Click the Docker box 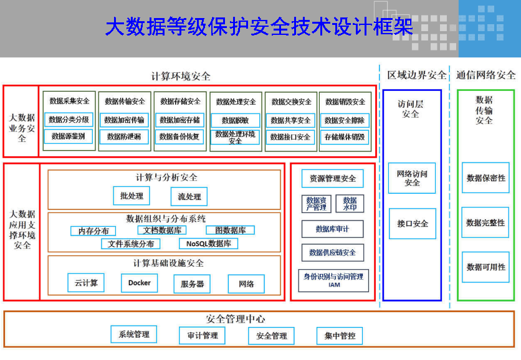(140, 283)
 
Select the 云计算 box (86, 283)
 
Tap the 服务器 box (192, 284)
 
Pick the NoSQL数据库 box (208, 244)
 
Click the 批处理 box (131, 196)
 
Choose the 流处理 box (189, 197)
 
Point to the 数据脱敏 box (235, 120)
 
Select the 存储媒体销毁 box (345, 136)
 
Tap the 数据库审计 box (332, 229)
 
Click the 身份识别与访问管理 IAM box (333, 280)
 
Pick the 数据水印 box (350, 204)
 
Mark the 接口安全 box (413, 223)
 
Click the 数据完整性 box (485, 222)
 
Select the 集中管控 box (340, 336)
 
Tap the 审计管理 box (203, 336)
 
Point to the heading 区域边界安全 (417, 75)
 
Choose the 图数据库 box (226, 230)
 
